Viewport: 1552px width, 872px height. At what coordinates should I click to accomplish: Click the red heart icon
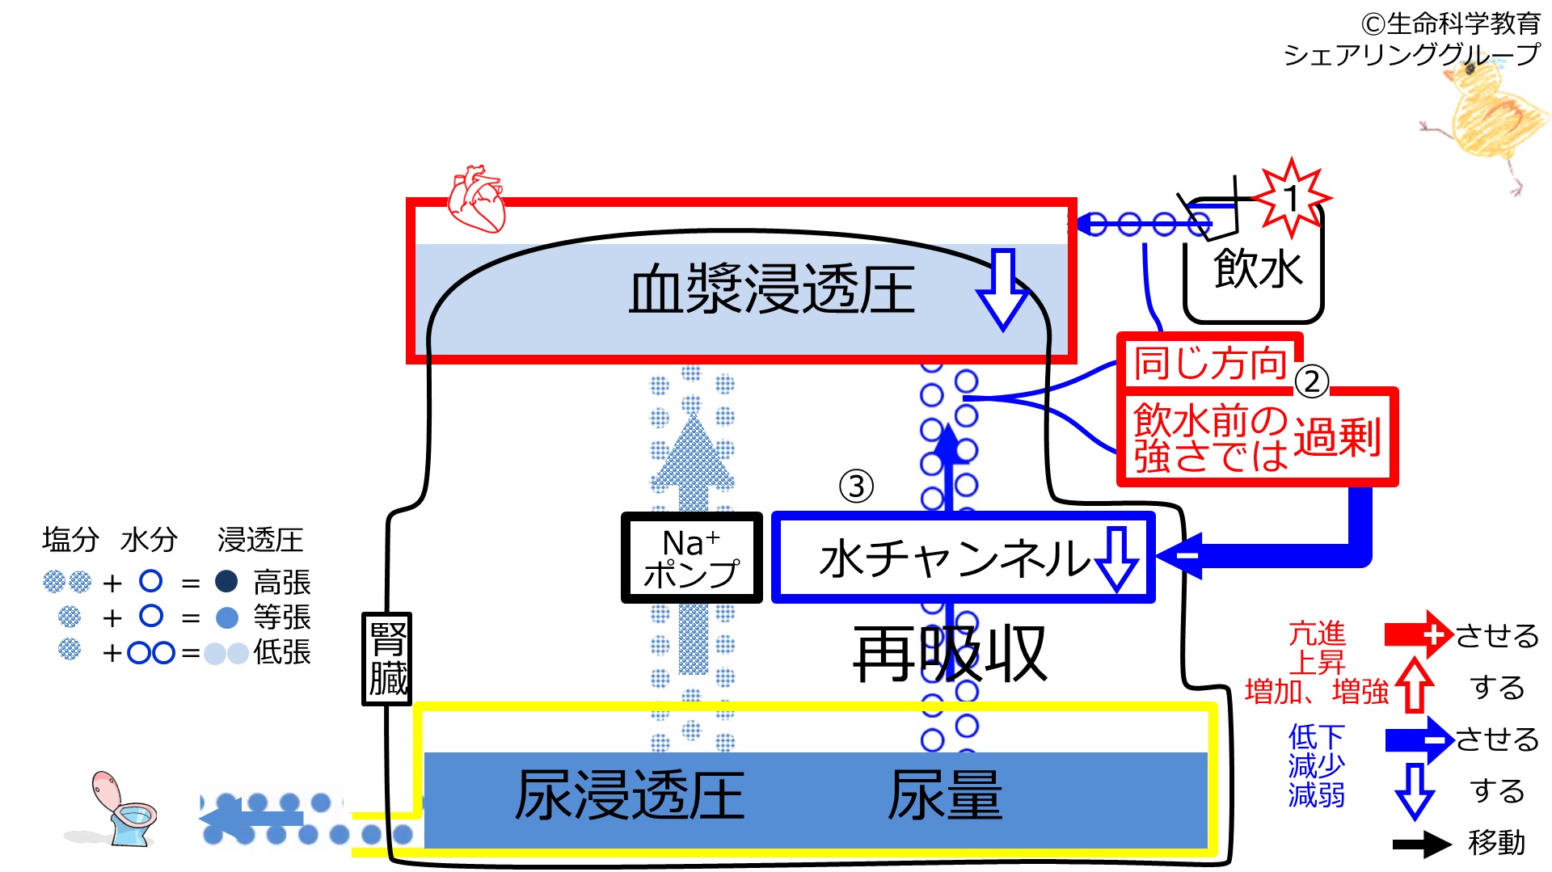point(477,199)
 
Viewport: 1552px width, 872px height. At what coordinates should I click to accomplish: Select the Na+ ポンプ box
point(691,558)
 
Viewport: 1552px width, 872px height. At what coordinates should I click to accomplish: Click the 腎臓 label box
point(387,659)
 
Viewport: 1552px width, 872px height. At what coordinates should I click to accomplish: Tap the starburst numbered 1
point(1291,198)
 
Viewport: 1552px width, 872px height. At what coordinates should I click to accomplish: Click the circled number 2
point(1311,381)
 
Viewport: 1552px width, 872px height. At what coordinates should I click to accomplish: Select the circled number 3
point(856,486)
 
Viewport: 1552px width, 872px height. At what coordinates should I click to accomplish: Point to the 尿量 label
point(945,795)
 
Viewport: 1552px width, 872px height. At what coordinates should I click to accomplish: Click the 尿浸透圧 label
point(630,795)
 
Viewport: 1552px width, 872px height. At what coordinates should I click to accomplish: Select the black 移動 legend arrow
point(1422,845)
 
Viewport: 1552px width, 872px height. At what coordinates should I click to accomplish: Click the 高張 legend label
point(282,582)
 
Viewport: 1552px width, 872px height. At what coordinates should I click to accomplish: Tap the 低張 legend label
point(282,651)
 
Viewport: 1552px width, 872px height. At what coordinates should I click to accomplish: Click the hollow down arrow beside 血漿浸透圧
point(1002,289)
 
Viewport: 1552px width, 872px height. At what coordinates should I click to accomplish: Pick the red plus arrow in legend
point(1419,634)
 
